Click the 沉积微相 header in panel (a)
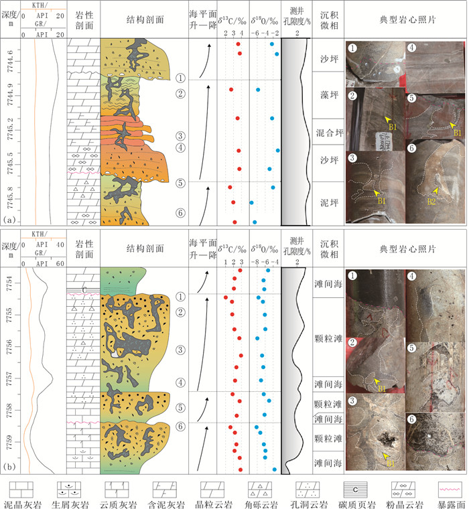coord(328,21)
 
